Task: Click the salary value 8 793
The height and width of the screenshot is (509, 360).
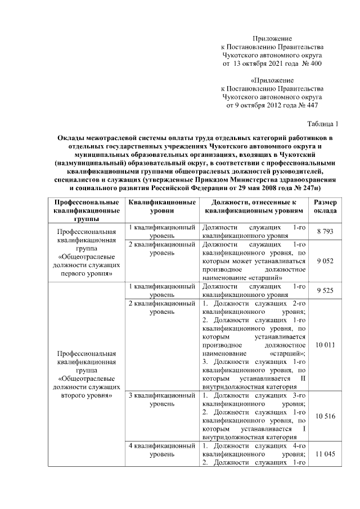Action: (x=326, y=231)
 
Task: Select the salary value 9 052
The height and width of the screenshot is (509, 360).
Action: (x=326, y=260)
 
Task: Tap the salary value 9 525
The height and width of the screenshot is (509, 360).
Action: (x=326, y=290)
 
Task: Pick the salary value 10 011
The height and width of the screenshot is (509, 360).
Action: (x=326, y=344)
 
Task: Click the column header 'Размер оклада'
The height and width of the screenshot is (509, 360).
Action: (x=326, y=206)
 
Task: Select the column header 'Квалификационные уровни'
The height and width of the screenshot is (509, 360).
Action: (x=162, y=206)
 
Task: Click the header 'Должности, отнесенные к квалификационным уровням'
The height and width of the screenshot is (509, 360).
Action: (x=254, y=206)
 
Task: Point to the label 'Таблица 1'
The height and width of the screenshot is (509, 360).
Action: (x=323, y=124)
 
